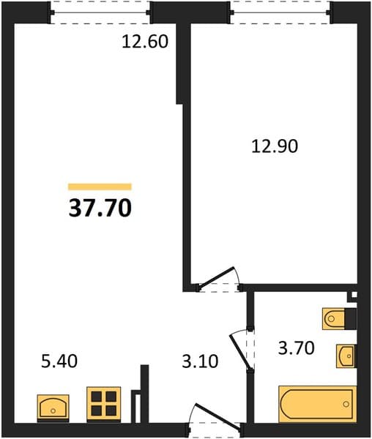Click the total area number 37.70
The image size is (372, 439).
(x=100, y=208)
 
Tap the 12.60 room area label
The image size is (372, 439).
(x=145, y=42)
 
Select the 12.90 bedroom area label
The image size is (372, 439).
(x=275, y=146)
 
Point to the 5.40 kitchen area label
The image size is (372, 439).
(x=59, y=361)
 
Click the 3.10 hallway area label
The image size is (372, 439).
(x=200, y=361)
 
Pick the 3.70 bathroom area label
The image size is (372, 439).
(x=296, y=348)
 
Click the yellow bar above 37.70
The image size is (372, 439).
(x=100, y=187)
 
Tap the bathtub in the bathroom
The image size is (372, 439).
(x=318, y=404)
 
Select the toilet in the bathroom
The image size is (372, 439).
(x=334, y=319)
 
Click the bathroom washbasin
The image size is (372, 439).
(x=346, y=356)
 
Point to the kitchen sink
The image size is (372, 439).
(x=53, y=408)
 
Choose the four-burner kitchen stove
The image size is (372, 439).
(x=104, y=404)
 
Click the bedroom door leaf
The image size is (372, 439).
(x=216, y=277)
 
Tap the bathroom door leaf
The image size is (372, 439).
(x=240, y=351)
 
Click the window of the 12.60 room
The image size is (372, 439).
(x=100, y=12)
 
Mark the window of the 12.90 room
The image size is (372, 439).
(x=280, y=12)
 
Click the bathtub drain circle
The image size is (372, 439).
(x=346, y=404)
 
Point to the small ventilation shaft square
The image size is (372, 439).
(x=354, y=295)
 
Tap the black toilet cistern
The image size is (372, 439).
(x=351, y=319)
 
